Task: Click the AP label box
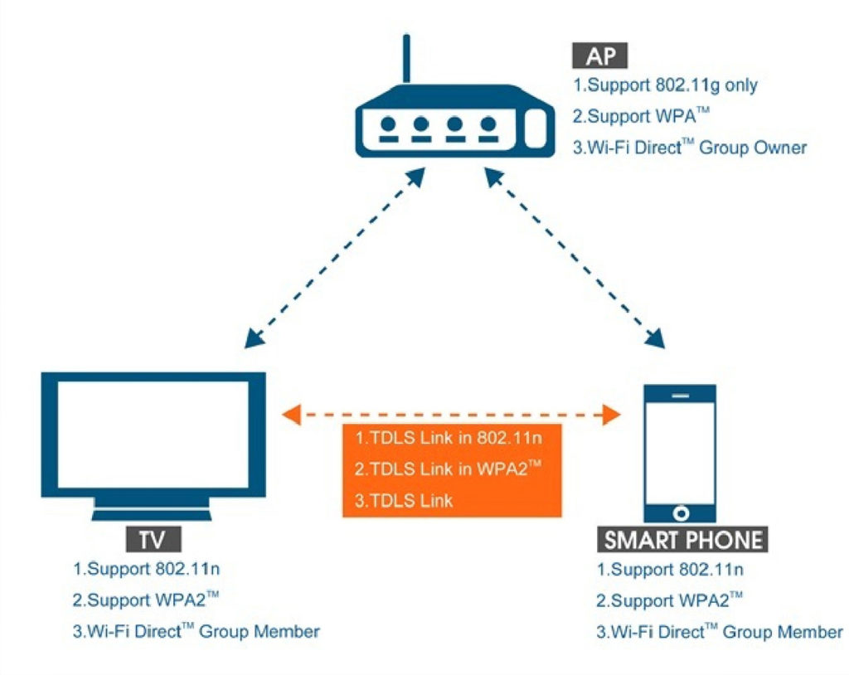(x=599, y=56)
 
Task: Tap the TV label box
(x=153, y=540)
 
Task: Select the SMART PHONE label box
(x=682, y=540)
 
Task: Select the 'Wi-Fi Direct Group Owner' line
(x=689, y=148)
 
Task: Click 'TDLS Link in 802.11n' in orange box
(x=447, y=436)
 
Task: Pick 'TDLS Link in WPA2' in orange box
(x=447, y=469)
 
